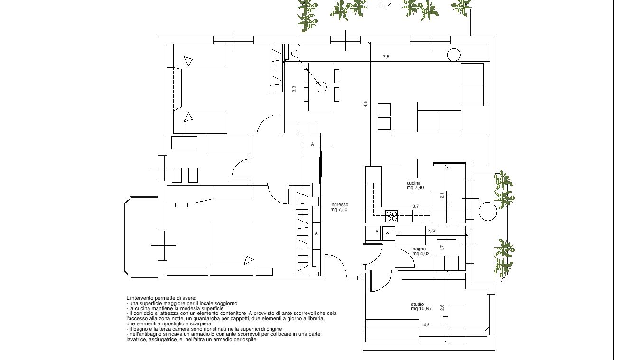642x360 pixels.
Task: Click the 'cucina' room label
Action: click(x=414, y=183)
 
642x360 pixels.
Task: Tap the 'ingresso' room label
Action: click(x=339, y=205)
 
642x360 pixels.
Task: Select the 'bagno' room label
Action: click(x=419, y=249)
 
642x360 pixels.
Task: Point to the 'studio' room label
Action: click(x=417, y=304)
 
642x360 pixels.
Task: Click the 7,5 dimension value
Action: click(x=386, y=57)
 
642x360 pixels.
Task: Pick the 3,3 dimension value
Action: click(x=294, y=89)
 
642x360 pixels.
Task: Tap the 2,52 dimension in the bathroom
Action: click(x=432, y=231)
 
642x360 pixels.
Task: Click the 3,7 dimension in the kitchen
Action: click(x=416, y=206)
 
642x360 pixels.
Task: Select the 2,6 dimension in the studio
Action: click(x=442, y=308)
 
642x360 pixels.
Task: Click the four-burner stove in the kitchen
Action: click(x=391, y=216)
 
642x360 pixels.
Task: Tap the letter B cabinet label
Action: click(x=377, y=232)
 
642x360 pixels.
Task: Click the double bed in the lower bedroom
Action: click(x=232, y=249)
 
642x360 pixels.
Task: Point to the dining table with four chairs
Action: click(x=321, y=87)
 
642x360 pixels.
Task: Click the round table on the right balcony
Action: click(x=488, y=212)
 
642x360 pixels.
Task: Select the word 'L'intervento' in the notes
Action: click(x=138, y=298)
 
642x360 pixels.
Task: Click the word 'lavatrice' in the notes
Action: click(x=136, y=340)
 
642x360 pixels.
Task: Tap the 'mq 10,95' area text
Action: click(x=421, y=309)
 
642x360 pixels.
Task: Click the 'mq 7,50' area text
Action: click(x=339, y=210)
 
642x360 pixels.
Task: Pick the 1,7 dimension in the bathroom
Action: click(x=442, y=248)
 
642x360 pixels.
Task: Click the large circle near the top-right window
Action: click(x=454, y=55)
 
